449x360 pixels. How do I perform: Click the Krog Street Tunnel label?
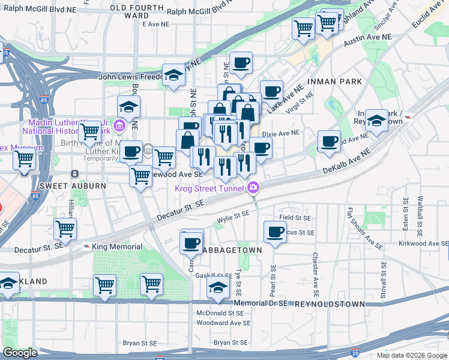(208, 188)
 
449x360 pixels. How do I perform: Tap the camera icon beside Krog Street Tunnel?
(253, 188)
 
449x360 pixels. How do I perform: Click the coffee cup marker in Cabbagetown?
(191, 242)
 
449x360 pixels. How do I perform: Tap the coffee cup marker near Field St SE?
(276, 231)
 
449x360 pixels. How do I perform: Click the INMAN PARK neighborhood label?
(335, 81)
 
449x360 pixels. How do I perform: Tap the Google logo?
(20, 353)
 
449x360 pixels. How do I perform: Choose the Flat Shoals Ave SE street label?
(364, 228)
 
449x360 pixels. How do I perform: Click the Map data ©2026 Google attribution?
(412, 355)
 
